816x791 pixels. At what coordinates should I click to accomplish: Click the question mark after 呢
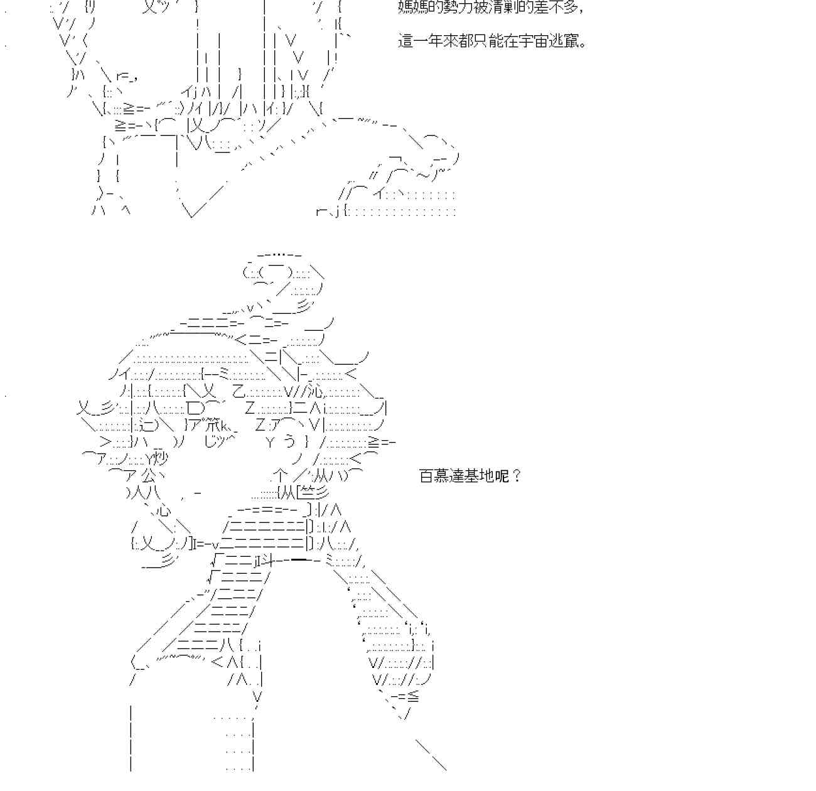coord(516,476)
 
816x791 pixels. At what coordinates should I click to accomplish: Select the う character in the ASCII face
coord(289,442)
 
